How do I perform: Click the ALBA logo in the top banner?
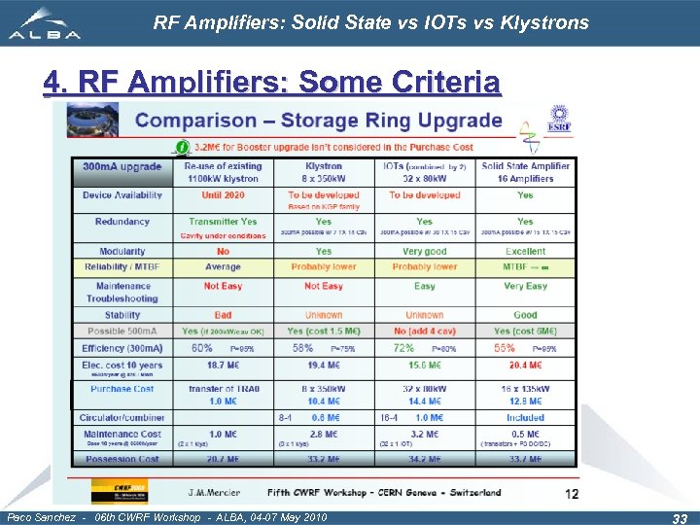click(44, 22)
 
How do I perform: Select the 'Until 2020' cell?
click(223, 194)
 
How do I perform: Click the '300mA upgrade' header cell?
click(122, 166)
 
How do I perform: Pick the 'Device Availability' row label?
click(122, 194)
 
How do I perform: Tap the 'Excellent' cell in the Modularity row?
click(525, 251)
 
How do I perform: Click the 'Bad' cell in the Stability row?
click(223, 315)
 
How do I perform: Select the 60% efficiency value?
click(202, 347)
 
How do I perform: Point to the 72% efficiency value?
click(403, 347)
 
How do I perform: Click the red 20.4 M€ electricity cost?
click(525, 365)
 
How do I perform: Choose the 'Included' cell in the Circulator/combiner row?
click(525, 418)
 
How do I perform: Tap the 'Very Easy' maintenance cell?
click(525, 286)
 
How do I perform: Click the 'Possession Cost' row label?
click(122, 459)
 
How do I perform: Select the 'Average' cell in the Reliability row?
click(223, 266)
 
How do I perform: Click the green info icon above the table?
click(181, 148)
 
